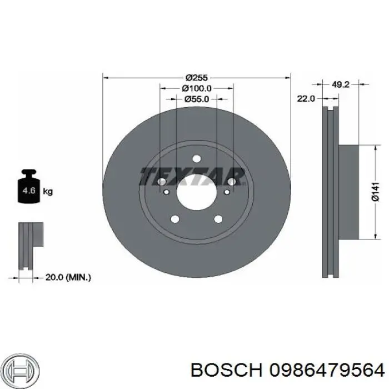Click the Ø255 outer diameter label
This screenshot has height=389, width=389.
(196, 78)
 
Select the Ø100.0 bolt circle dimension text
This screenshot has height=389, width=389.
(196, 88)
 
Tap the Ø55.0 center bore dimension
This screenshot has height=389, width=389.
(196, 99)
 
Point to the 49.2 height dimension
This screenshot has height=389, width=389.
(340, 85)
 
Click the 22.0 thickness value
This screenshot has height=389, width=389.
(306, 98)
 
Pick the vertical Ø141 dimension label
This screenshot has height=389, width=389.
(376, 192)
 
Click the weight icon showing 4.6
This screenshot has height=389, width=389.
(28, 189)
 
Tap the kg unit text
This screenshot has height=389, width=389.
(48, 192)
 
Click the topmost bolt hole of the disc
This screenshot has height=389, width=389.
(196, 159)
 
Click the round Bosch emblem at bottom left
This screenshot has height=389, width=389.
(19, 368)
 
